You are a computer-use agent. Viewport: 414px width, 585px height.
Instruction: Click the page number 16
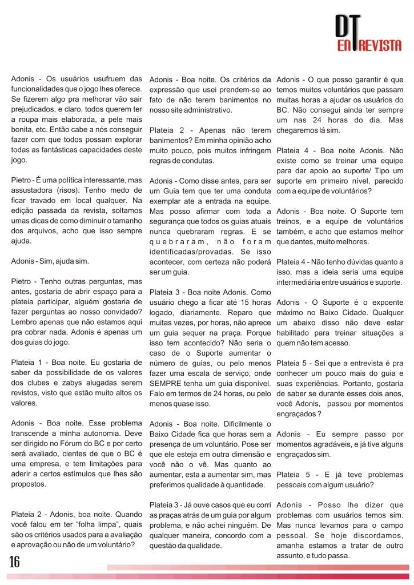point(14,562)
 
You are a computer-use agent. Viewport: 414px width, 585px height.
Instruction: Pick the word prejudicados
point(36,109)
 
